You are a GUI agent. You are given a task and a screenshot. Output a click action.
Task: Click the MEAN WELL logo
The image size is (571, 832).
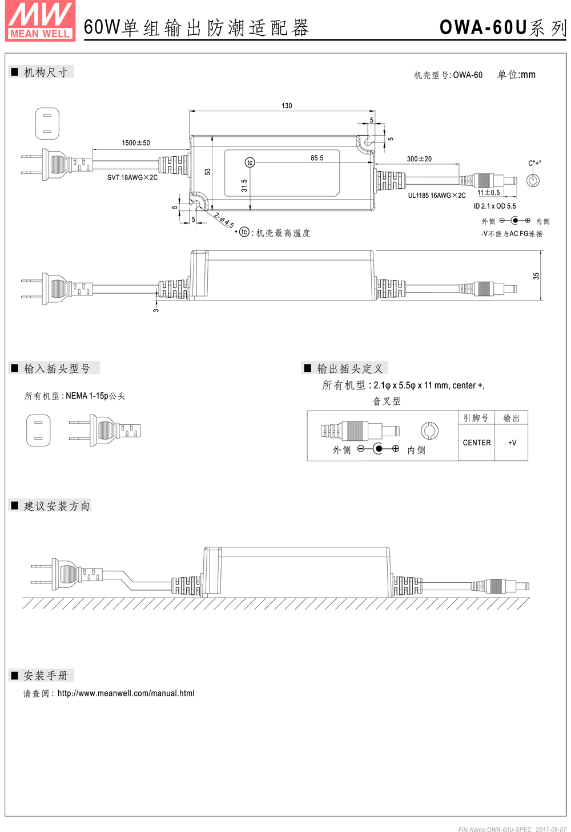[40, 21]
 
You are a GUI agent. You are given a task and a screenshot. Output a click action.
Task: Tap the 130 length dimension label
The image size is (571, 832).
[287, 106]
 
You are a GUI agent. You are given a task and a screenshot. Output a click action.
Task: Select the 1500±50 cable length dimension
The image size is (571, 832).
[136, 143]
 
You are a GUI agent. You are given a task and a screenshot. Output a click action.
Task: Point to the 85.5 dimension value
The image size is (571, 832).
[317, 158]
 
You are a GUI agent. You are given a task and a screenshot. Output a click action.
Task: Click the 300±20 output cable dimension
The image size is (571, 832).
[419, 159]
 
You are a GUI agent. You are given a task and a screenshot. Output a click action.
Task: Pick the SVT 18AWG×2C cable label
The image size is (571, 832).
[132, 177]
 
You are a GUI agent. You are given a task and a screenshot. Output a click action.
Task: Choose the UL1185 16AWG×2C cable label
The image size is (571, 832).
[437, 196]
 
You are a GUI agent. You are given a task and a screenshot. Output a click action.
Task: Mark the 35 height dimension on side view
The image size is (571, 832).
[536, 276]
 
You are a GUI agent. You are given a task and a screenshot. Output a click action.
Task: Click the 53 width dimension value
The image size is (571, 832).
[208, 172]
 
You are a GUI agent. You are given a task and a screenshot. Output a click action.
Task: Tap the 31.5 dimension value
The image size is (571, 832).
[244, 185]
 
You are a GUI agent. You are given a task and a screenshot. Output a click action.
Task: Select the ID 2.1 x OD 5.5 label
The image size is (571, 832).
[494, 206]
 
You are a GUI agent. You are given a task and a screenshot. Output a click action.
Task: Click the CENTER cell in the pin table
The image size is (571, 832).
[477, 443]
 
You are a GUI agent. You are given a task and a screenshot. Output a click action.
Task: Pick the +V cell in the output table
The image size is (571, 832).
[512, 443]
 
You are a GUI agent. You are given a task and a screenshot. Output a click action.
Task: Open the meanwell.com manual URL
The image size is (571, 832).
[126, 693]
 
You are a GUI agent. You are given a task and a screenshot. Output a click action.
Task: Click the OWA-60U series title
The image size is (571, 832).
[503, 27]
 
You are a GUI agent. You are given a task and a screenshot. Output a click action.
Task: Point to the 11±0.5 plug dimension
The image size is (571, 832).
[488, 192]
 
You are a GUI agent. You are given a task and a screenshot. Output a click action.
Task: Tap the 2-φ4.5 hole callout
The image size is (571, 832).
[224, 220]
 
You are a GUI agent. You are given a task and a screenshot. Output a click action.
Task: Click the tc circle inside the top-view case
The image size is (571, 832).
[250, 163]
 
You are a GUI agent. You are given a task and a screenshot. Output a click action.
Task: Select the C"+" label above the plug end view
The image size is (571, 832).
[534, 163]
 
